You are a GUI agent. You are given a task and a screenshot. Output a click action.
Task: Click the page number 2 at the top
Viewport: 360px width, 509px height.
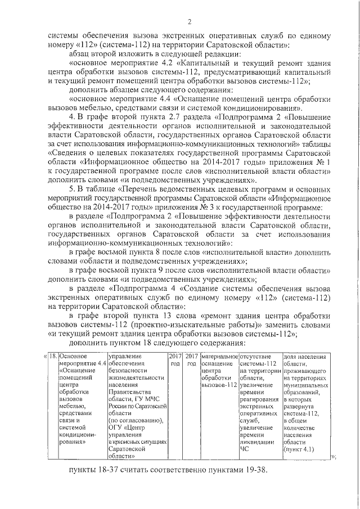tap(190, 22)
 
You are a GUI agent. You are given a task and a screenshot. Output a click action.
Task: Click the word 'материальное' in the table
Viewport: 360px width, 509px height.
tap(219, 356)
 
